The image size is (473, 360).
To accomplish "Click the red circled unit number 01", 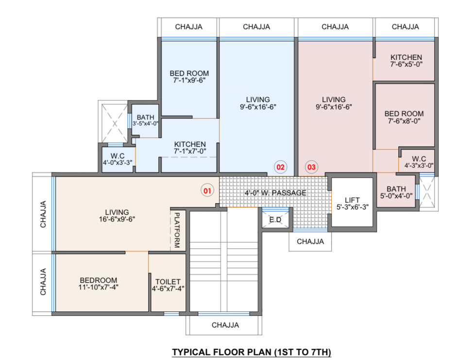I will coord(207,190).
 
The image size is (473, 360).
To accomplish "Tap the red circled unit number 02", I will coord(280,167).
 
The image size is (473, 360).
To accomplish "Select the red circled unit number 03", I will coord(311,167).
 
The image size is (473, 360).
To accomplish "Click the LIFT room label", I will coord(352,204).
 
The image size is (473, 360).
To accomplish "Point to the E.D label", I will coord(275,220).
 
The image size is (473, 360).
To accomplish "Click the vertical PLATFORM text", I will coord(177,230).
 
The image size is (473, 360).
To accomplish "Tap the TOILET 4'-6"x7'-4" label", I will coord(168,285).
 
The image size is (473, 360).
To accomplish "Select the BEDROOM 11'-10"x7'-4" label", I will coord(99,284).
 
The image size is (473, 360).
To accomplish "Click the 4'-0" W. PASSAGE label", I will coord(275,193).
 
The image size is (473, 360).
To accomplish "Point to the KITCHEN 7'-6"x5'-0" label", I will coord(406,61).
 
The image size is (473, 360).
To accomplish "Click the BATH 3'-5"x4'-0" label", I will coord(145,120).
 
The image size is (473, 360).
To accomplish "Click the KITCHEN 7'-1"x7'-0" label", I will coord(190,148).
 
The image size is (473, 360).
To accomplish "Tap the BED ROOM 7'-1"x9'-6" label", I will coord(189,77).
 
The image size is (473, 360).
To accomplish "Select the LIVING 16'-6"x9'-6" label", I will coord(117,215).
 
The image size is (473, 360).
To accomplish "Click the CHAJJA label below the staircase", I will coord(225,325).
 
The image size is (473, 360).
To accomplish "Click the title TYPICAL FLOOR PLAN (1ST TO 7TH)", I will coord(252,352).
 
